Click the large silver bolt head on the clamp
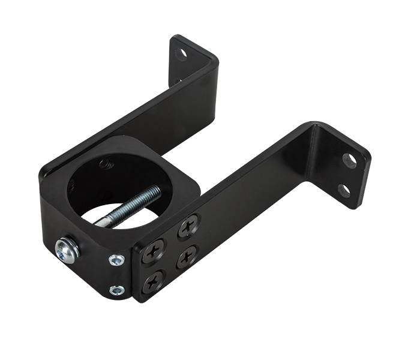point(66,250)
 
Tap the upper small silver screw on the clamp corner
point(116,260)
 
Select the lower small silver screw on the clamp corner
point(117,290)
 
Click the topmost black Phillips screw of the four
point(189,226)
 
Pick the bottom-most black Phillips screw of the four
point(154,281)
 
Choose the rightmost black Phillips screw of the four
point(187,256)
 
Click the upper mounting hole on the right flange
point(349,160)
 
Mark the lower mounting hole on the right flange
point(344,191)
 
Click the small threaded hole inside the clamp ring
point(107,164)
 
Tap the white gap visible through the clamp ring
point(120,216)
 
